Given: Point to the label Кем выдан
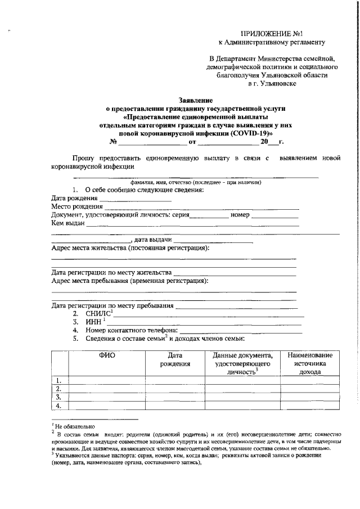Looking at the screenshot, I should click(67, 223).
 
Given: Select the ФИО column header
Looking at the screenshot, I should click(107, 355).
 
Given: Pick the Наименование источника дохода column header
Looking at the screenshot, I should click(310, 363).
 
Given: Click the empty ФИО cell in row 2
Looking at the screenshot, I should click(107, 388).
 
